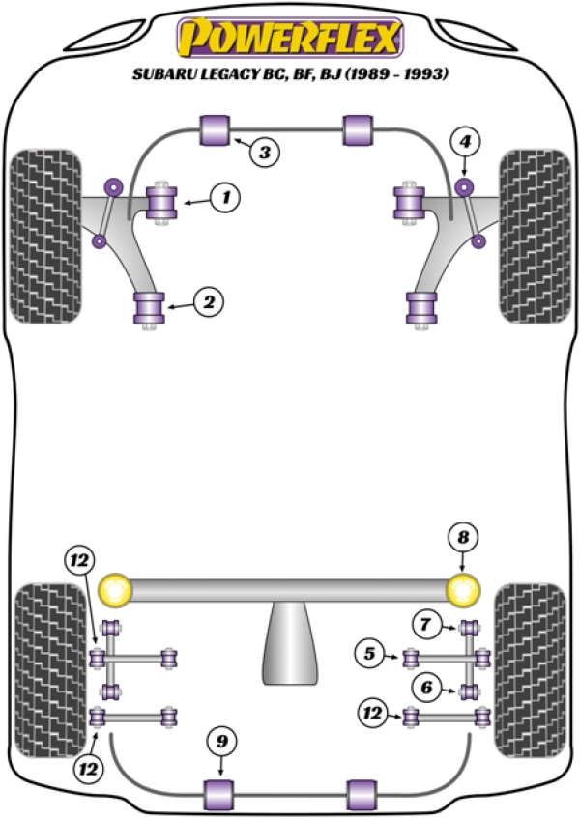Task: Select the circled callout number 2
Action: (x=208, y=303)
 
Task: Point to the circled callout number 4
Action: (x=467, y=143)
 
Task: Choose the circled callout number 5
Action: (x=368, y=655)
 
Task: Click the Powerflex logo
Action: (x=289, y=39)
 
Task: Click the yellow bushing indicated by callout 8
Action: (x=465, y=588)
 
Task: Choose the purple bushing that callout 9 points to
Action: (x=221, y=794)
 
